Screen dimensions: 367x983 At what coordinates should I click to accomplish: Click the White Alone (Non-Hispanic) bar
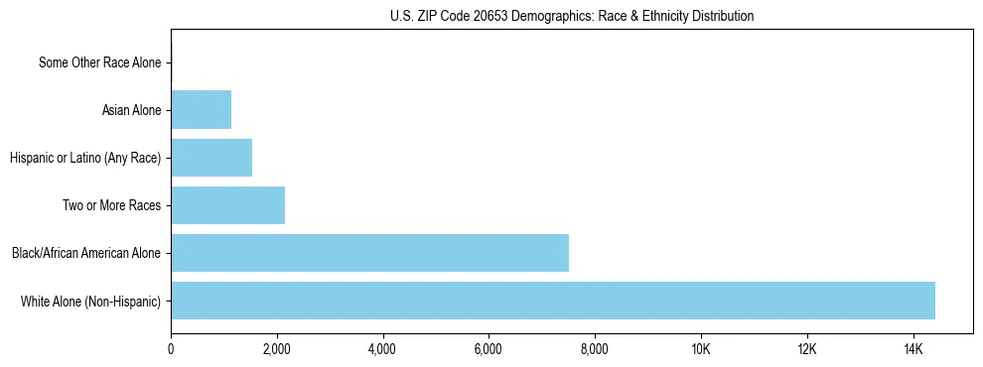tap(553, 301)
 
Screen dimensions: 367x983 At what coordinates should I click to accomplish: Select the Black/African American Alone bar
tap(369, 253)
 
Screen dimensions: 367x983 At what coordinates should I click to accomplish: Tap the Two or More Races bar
tap(227, 205)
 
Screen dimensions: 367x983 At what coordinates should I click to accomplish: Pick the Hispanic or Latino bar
tap(211, 158)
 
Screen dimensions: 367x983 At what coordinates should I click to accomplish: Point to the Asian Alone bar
tap(201, 110)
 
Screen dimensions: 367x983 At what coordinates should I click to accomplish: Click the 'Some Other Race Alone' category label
tap(99, 62)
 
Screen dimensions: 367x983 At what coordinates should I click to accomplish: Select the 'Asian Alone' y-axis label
tap(131, 110)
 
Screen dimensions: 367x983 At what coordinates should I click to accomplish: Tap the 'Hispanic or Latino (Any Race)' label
tap(85, 158)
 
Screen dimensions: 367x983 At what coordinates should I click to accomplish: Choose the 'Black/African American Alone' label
tap(86, 253)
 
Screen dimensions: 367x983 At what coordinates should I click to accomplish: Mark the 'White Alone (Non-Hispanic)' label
tap(90, 301)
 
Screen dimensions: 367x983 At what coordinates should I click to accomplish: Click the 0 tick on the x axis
tap(171, 349)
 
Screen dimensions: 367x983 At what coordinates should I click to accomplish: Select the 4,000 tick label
tap(382, 349)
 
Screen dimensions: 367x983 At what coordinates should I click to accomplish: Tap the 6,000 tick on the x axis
tap(489, 349)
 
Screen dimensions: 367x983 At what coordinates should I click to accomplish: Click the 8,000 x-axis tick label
tap(595, 349)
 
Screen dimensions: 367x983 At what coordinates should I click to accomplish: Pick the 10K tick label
tap(701, 349)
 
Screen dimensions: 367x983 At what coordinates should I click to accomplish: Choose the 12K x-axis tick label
tap(806, 349)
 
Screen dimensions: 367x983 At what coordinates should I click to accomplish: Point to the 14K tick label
tap(913, 349)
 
